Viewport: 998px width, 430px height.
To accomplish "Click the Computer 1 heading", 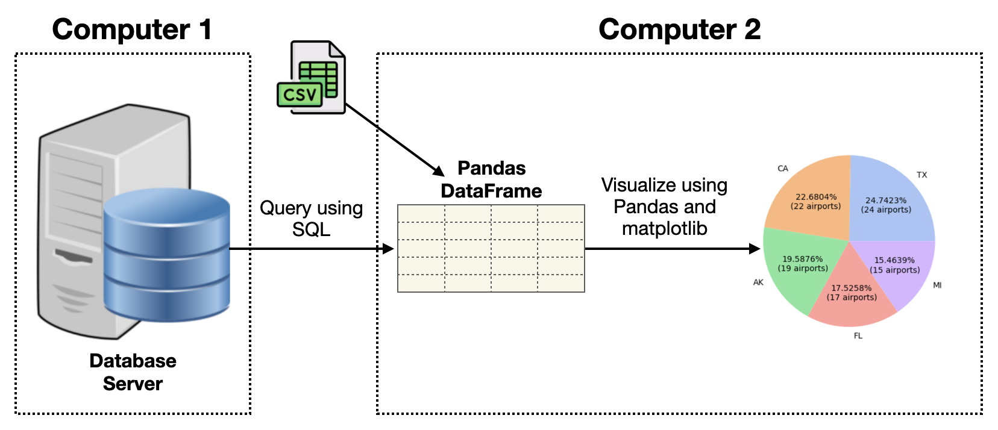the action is pyautogui.click(x=132, y=30).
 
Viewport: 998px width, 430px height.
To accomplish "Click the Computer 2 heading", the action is pyautogui.click(x=679, y=30).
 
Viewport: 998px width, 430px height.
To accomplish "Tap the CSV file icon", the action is pyautogui.click(x=311, y=78).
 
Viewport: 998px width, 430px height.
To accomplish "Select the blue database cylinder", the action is pyautogui.click(x=166, y=255).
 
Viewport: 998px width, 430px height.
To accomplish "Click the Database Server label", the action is pyautogui.click(x=133, y=372).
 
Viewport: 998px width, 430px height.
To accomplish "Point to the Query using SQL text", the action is pyautogui.click(x=311, y=219).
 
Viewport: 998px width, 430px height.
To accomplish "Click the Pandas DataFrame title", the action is pyautogui.click(x=491, y=179).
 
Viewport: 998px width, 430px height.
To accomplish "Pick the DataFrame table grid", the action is pyautogui.click(x=491, y=248).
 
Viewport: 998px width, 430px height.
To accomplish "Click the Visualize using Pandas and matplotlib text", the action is pyautogui.click(x=664, y=207).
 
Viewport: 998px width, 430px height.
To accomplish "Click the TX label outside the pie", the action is pyautogui.click(x=922, y=175).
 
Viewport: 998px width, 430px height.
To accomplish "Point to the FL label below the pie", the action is pyautogui.click(x=858, y=335).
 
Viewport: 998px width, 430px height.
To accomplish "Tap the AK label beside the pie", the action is pyautogui.click(x=758, y=282).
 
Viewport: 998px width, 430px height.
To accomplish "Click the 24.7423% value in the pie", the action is pyautogui.click(x=886, y=201).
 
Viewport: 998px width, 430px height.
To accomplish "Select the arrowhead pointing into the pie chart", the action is pyautogui.click(x=755, y=248).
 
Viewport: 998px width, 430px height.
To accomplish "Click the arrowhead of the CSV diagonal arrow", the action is pyautogui.click(x=439, y=171).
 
